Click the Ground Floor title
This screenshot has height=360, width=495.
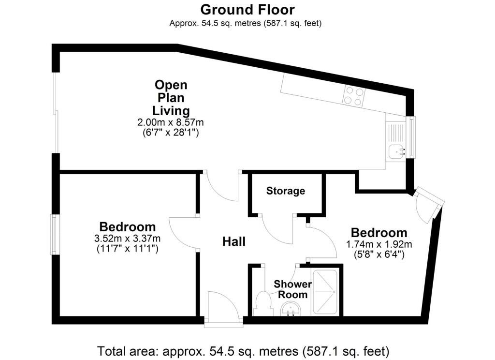tap(247, 10)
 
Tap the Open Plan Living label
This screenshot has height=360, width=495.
tap(171, 98)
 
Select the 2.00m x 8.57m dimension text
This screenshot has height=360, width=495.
tap(171, 122)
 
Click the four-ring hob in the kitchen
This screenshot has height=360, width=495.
tap(353, 96)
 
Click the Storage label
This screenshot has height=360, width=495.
tap(286, 191)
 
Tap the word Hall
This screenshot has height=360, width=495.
tap(234, 242)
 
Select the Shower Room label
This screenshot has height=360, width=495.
tap(292, 289)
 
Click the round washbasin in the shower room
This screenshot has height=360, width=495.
tap(291, 309)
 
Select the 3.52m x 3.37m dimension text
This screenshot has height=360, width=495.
tap(127, 238)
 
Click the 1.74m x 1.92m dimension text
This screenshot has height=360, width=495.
tap(379, 244)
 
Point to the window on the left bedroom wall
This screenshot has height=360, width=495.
tap(55, 235)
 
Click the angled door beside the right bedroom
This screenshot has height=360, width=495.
tap(429, 204)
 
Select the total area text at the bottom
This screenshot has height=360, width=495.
tap(243, 351)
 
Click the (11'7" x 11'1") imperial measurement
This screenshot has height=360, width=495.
tap(127, 249)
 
